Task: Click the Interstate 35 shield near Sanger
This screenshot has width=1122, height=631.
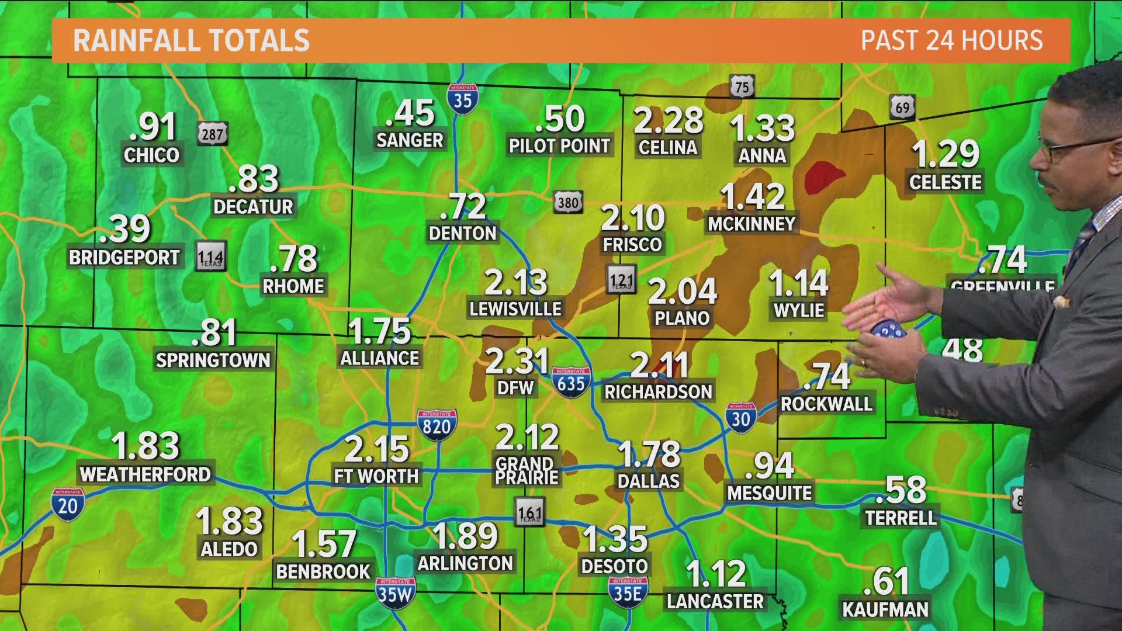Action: pos(463,98)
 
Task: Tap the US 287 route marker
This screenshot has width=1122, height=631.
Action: pos(212,134)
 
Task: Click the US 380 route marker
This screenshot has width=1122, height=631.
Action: pos(567,202)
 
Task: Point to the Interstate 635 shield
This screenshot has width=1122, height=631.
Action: pos(570,383)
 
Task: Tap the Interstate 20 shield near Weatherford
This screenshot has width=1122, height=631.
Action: pos(68,504)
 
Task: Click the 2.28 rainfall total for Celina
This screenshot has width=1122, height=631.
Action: pos(669,121)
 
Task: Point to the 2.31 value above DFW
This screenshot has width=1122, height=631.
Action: pos(517,361)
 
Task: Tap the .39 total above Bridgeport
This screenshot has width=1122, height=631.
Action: pos(125,229)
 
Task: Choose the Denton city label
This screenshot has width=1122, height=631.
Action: pos(462,233)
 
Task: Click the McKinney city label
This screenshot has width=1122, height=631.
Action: pos(752,224)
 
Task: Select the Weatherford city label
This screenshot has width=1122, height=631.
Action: pos(145,474)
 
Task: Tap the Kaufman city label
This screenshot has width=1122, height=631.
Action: pos(885,609)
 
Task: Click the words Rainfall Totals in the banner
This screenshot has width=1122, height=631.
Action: pos(191,40)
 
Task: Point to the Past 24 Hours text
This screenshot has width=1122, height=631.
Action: pos(952,40)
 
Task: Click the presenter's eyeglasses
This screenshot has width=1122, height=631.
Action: pos(1075,150)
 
